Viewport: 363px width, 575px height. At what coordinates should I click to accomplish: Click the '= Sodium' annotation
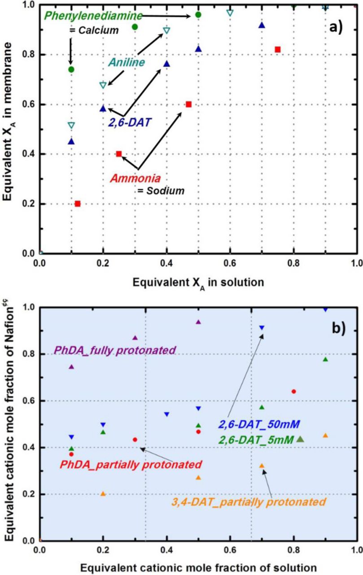[x=161, y=190]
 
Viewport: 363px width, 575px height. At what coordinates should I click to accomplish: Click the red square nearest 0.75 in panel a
[x=278, y=49]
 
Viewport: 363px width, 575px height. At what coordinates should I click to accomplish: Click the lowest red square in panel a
[x=78, y=204]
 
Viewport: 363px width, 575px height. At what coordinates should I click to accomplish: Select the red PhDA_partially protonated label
[x=131, y=464]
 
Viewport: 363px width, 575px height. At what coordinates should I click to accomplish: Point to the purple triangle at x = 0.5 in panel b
[x=198, y=322]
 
